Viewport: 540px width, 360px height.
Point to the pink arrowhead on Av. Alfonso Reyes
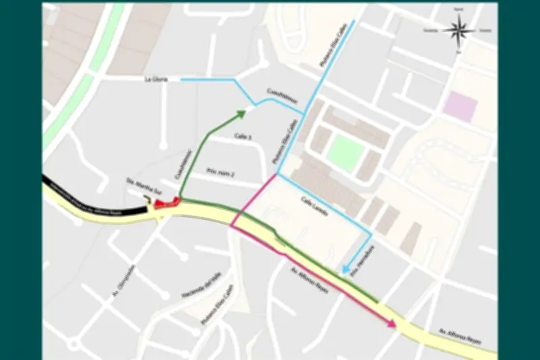point(391,324)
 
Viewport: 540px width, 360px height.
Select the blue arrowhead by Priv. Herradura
point(344,270)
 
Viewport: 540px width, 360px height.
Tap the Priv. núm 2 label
point(220,173)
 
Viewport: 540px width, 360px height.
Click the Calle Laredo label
point(315,207)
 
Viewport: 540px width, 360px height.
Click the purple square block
point(461,106)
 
